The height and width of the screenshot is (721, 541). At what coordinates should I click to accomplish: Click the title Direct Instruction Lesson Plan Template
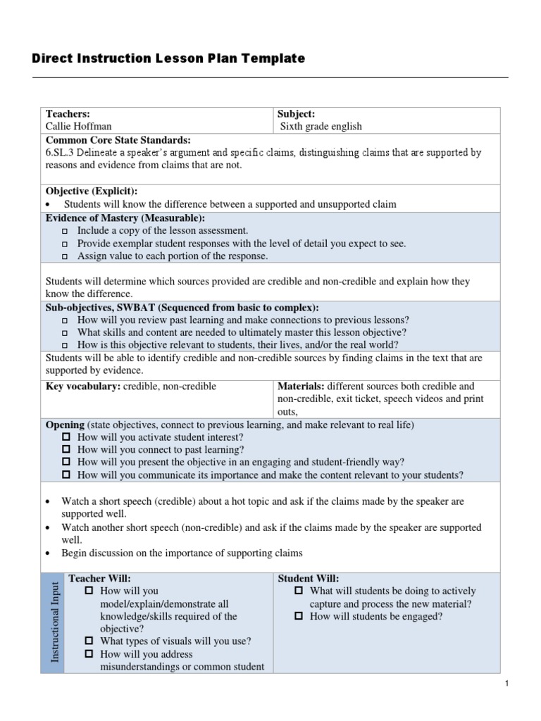point(168,58)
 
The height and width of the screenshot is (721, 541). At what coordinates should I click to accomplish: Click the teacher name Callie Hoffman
point(78,126)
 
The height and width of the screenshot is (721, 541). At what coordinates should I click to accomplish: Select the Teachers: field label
point(68,113)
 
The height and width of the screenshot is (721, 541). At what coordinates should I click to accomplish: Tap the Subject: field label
point(296,113)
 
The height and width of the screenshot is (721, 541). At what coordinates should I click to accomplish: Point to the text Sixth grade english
point(321,126)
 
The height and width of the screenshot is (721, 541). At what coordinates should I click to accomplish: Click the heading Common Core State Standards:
point(118,139)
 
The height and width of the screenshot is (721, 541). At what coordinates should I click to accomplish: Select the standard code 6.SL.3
point(61,152)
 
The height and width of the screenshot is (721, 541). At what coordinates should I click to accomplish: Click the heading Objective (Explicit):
point(92,191)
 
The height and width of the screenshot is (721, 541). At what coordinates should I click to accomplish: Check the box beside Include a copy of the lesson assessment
point(65,231)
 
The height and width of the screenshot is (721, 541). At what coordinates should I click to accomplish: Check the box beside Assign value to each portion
point(65,256)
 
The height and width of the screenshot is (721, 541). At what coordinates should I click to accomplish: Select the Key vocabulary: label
point(82,386)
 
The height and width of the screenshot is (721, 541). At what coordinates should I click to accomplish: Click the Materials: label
point(301,386)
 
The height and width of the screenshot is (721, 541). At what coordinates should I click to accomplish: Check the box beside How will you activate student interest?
point(67,437)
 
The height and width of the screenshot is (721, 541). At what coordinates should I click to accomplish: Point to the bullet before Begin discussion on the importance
point(46,553)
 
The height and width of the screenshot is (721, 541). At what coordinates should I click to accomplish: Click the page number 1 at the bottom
point(506,683)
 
